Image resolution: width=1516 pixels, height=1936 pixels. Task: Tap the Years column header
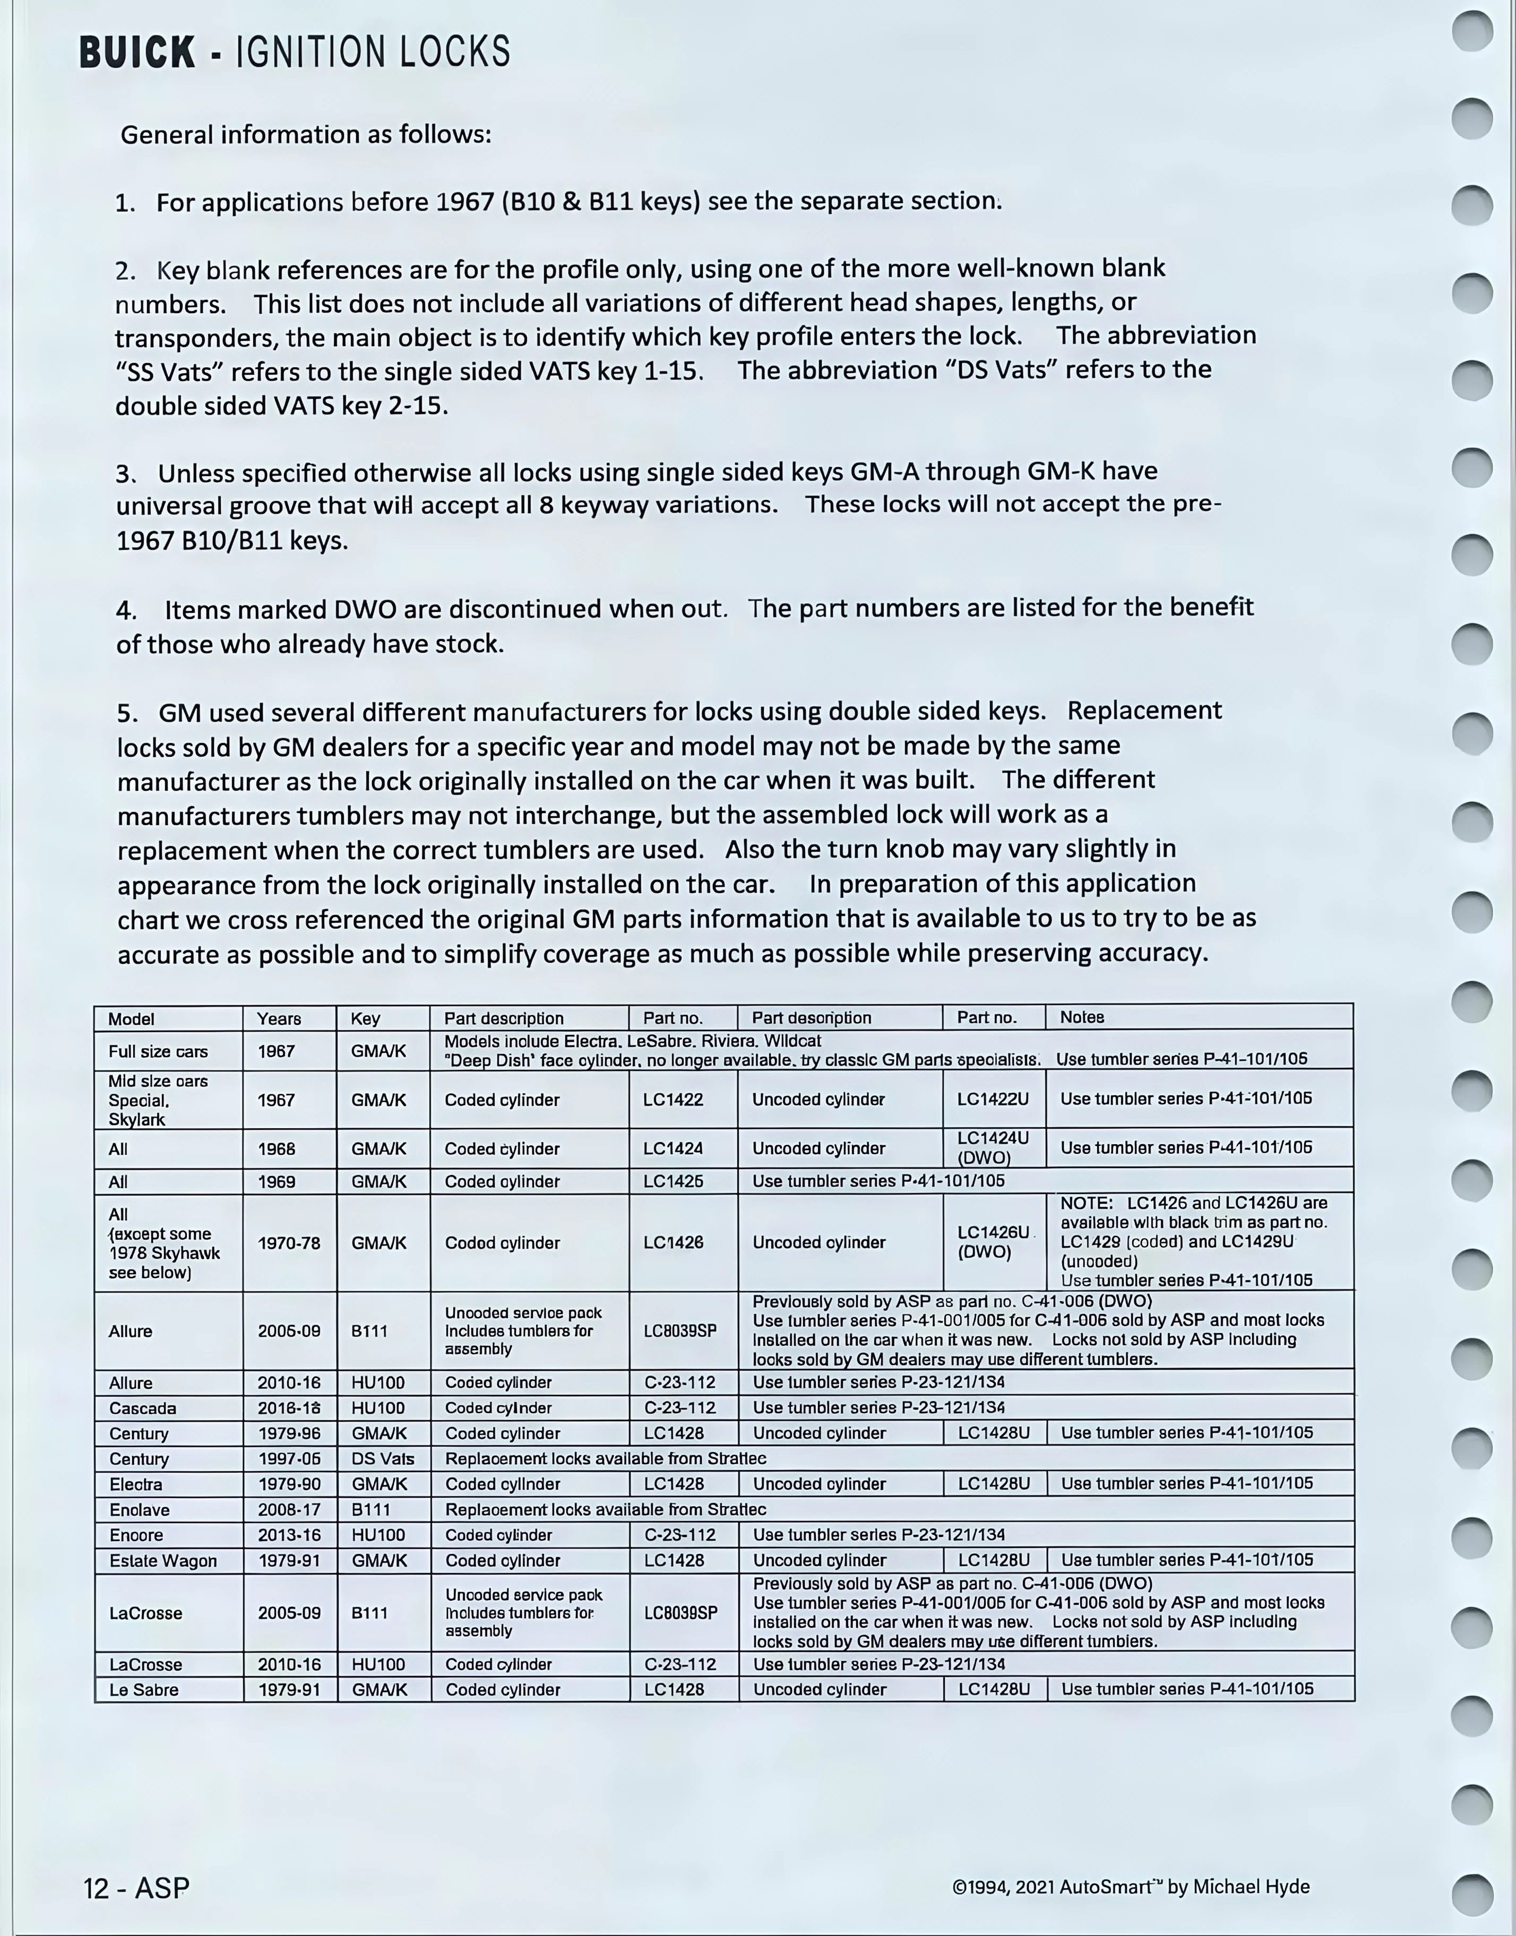pos(279,1018)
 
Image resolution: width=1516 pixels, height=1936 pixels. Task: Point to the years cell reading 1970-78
pos(288,1243)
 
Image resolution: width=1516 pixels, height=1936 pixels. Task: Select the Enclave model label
pos(140,1509)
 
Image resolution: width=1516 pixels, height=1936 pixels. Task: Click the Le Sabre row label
pos(144,1689)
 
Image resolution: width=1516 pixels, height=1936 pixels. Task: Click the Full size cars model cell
pos(158,1051)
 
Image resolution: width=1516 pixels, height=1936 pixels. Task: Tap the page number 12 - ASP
pos(136,1887)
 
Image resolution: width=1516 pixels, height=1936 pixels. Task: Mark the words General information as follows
pos(305,135)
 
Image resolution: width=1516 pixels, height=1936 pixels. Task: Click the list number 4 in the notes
pos(125,610)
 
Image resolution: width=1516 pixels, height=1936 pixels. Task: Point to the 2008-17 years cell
pos(288,1509)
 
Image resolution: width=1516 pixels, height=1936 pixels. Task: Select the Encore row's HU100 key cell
pos(378,1535)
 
